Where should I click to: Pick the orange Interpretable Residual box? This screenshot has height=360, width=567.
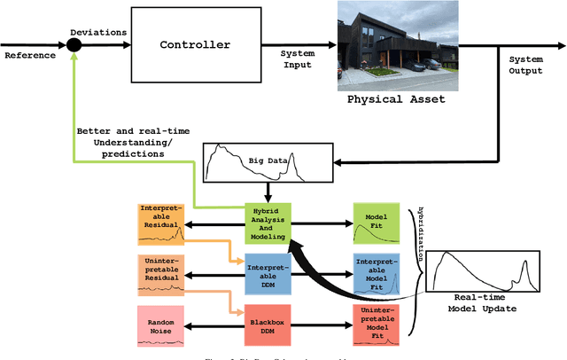click(x=160, y=223)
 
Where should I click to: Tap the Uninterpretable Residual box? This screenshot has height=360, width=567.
click(x=160, y=272)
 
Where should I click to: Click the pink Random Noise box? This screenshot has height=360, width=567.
click(x=160, y=325)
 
